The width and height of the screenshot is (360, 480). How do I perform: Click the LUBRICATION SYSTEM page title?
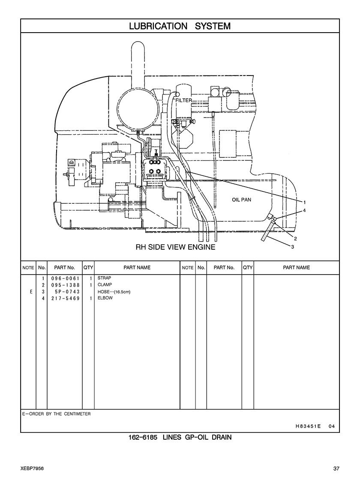point(180,26)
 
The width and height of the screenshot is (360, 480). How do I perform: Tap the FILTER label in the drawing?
point(183,100)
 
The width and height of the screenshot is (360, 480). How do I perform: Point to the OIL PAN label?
point(242,199)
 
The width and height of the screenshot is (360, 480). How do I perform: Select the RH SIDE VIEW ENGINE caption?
point(176,247)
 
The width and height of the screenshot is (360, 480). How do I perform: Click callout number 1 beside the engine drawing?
point(304,202)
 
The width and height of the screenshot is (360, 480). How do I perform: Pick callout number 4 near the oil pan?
point(304,210)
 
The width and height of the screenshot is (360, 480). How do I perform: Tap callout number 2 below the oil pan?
point(295,238)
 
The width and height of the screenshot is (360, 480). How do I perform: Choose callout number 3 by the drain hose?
point(293,247)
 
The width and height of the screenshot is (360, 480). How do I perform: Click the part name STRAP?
point(104,278)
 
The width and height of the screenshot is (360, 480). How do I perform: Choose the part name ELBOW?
point(105,298)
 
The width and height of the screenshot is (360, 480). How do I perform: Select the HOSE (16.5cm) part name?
point(114,292)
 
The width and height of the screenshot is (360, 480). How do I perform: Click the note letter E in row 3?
point(31,292)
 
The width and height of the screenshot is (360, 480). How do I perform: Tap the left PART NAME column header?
point(137,268)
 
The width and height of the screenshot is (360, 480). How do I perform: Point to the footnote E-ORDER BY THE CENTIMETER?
point(57,414)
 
